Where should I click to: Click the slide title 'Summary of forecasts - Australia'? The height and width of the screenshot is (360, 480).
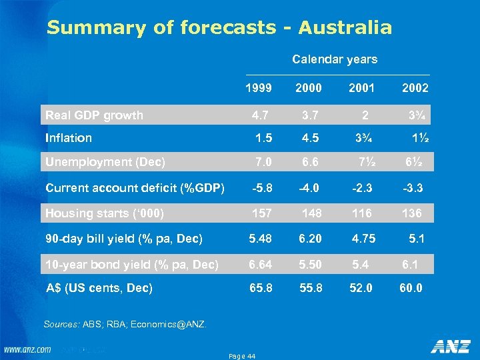(x=219, y=28)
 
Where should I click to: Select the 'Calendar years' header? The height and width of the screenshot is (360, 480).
(x=335, y=59)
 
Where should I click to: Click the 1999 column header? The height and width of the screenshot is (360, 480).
(x=259, y=88)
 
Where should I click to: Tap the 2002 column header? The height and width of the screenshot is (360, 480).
(x=415, y=88)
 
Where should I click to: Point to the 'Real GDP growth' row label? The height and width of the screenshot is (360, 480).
(x=94, y=115)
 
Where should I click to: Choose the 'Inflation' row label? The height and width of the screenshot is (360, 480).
(x=69, y=138)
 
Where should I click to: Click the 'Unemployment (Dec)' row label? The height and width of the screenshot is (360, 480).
(x=105, y=161)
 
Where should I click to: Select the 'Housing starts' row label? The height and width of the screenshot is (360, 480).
(x=105, y=213)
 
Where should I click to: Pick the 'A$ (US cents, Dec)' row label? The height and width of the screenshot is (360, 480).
(x=99, y=288)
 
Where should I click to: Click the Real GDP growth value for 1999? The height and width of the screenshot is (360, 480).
(x=261, y=115)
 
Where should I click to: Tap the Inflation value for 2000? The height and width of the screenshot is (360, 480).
(x=310, y=138)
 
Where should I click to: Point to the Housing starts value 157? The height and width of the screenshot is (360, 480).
(x=261, y=213)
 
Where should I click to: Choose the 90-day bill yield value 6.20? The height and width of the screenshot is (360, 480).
(x=310, y=239)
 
